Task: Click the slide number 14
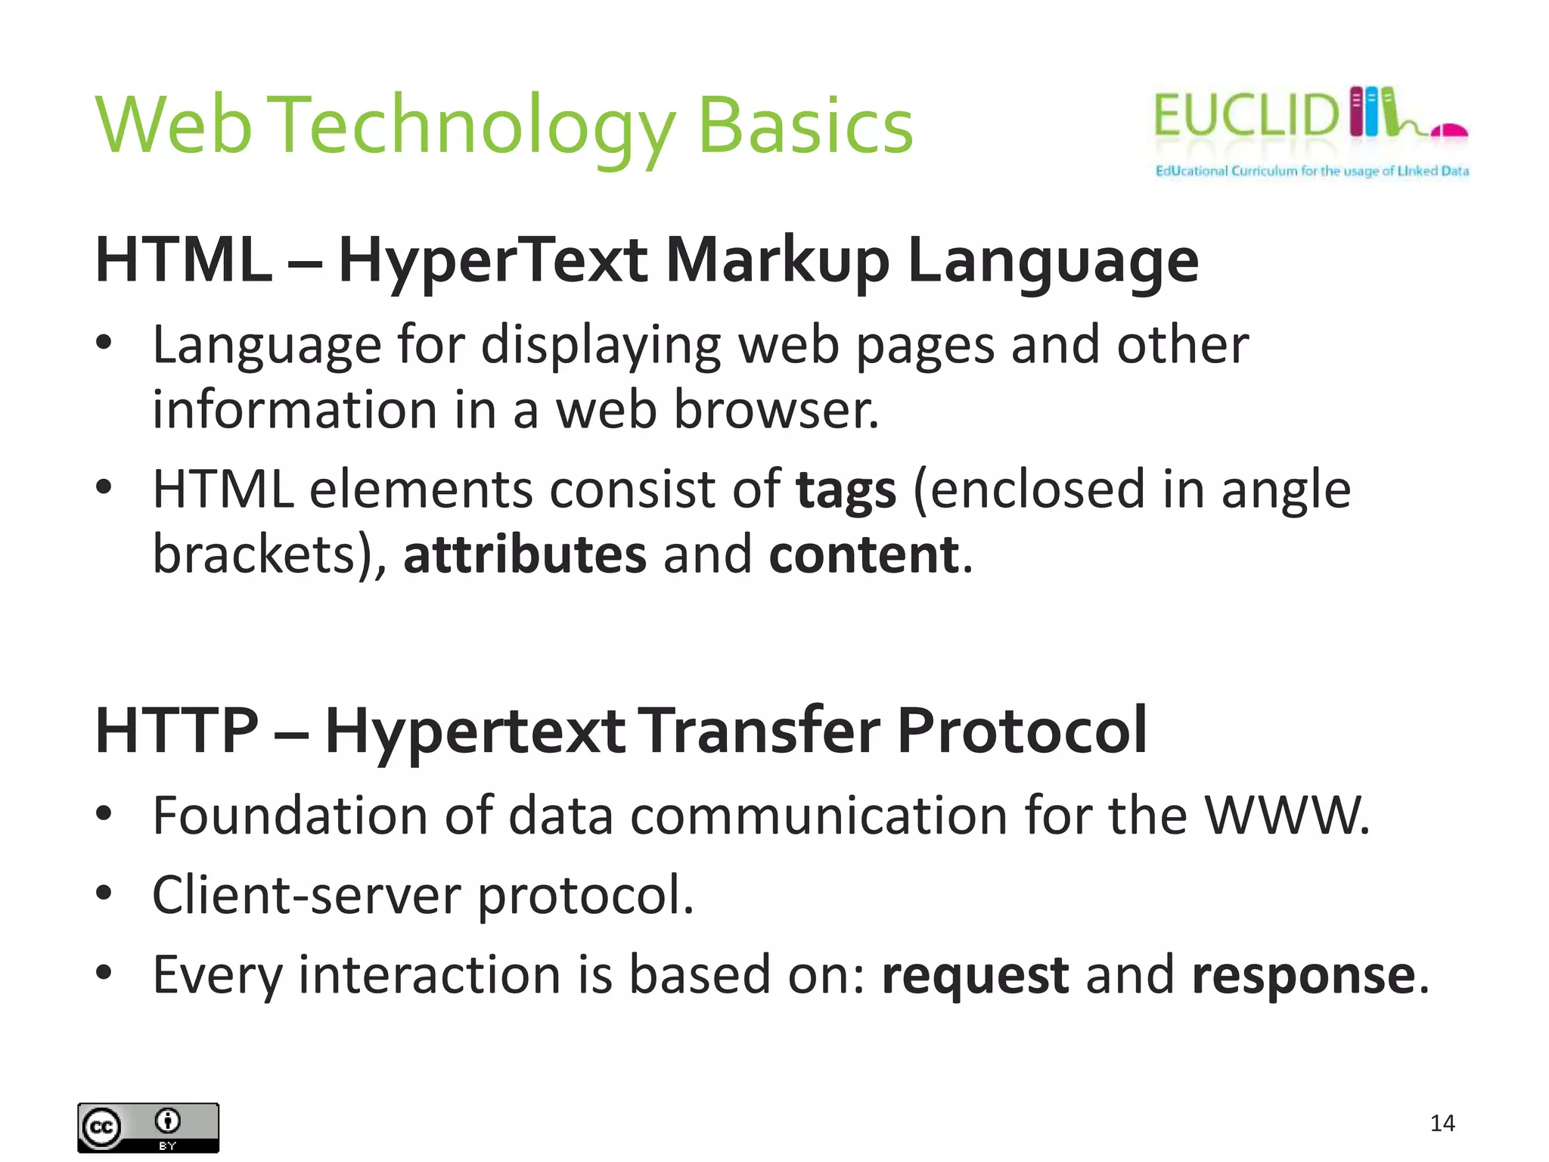click(1442, 1123)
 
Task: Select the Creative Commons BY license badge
click(148, 1127)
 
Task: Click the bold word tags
click(846, 490)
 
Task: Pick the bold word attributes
click(525, 555)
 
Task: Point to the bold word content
click(864, 555)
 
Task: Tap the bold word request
click(975, 975)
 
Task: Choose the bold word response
click(1303, 975)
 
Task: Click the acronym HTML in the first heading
click(184, 259)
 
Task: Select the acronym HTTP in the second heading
click(177, 730)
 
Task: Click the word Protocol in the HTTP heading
click(1022, 730)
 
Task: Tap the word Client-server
click(306, 895)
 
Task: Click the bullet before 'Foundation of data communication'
click(104, 814)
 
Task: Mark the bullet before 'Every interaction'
click(104, 972)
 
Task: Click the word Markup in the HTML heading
click(777, 261)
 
